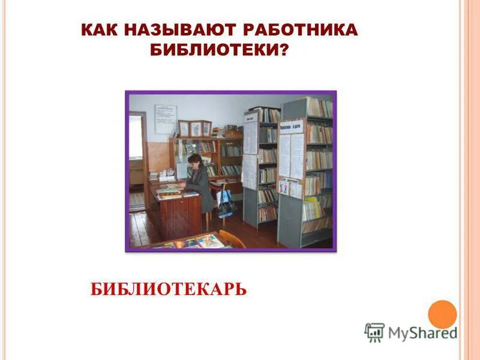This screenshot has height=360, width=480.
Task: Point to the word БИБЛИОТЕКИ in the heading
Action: click(x=213, y=50)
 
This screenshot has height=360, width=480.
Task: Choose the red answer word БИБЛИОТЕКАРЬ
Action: click(x=169, y=290)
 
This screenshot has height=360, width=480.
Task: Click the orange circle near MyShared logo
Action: click(x=442, y=314)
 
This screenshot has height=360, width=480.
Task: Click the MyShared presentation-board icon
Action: click(x=374, y=332)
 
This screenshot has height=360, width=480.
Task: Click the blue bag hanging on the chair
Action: click(x=226, y=203)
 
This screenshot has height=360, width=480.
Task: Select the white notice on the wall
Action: click(x=166, y=118)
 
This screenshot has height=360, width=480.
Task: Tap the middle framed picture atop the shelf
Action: click(x=196, y=128)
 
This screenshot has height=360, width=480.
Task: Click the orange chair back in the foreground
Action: click(x=231, y=239)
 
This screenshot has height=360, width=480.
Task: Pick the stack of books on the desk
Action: click(x=169, y=191)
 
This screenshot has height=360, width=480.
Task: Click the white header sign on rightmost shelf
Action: click(x=292, y=127)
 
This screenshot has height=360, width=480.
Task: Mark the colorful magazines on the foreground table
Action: click(x=192, y=242)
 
